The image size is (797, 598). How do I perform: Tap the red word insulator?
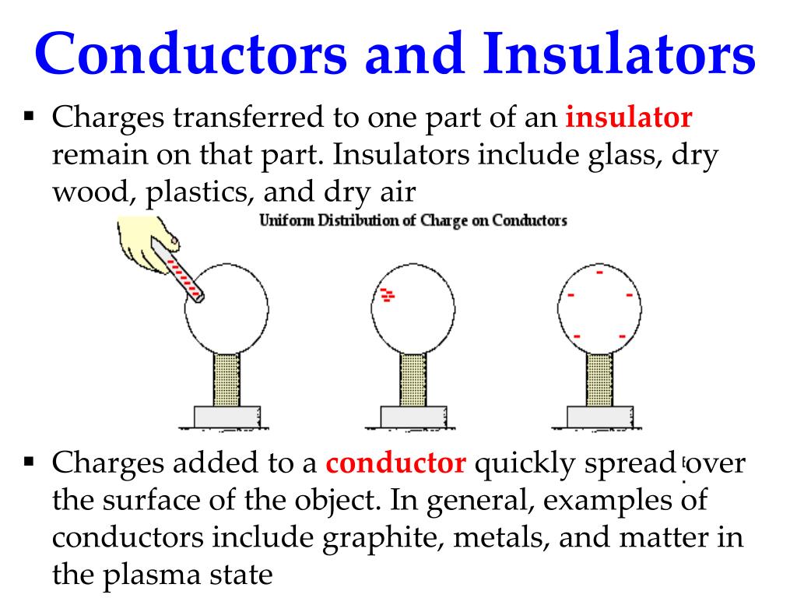click(x=629, y=119)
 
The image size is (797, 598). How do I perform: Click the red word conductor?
click(x=396, y=464)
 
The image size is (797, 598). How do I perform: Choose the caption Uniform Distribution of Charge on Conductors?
click(x=413, y=220)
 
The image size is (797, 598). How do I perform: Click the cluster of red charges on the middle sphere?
click(x=387, y=294)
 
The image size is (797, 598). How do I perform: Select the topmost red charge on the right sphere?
click(x=599, y=273)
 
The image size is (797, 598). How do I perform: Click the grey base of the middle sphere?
click(x=413, y=417)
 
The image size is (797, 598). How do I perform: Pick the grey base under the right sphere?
click(x=599, y=417)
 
